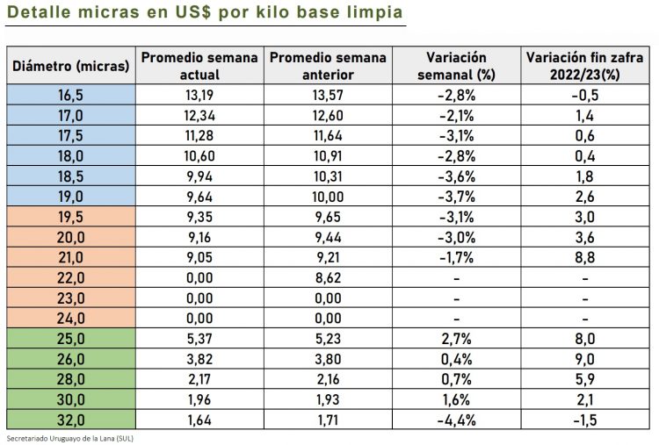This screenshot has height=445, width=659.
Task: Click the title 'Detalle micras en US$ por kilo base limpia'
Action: tap(206, 13)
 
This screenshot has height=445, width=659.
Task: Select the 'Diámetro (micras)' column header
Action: tap(70, 67)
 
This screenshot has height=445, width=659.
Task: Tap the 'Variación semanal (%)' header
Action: tap(456, 67)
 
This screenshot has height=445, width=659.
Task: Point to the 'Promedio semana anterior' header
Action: tap(328, 67)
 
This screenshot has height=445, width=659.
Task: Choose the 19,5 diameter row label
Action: tap(70, 219)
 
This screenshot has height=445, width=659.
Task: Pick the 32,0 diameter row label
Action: tap(70, 420)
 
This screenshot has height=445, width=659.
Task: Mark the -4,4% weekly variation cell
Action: tap(456, 420)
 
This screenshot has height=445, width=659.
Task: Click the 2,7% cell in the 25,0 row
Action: tap(456, 340)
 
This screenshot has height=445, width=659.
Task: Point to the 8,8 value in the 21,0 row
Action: tap(584, 259)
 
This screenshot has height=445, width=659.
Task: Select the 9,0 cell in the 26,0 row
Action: tap(584, 360)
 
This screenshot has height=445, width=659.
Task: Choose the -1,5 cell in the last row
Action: tap(584, 420)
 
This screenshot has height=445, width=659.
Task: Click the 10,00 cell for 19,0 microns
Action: tap(328, 197)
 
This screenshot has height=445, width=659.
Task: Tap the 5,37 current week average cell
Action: tap(199, 340)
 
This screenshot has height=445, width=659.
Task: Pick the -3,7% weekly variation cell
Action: tap(456, 197)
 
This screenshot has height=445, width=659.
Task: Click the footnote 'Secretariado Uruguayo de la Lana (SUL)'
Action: tap(69, 437)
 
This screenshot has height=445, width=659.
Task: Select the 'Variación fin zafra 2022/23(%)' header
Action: tap(584, 67)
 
